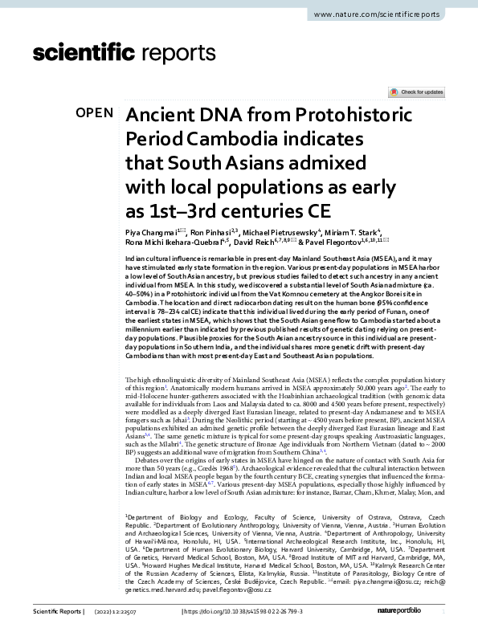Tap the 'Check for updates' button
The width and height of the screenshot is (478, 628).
(x=416, y=92)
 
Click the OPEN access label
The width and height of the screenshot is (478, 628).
(x=95, y=113)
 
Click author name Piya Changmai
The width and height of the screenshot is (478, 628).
(x=152, y=232)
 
